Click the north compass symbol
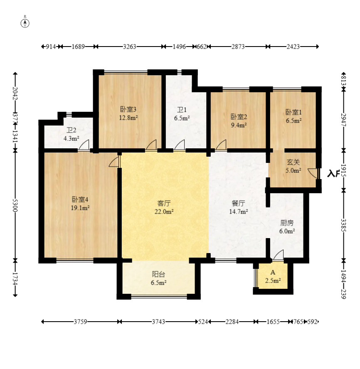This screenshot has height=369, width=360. pyautogui.click(x=25, y=23)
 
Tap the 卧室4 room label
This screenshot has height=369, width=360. pyautogui.click(x=80, y=199)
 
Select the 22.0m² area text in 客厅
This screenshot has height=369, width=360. pyautogui.click(x=164, y=212)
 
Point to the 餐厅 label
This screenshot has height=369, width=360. pyautogui.click(x=238, y=203)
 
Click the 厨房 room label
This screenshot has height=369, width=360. pyautogui.click(x=287, y=223)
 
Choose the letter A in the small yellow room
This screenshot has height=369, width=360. pyautogui.click(x=273, y=272)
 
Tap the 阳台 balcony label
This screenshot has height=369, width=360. pyautogui.click(x=158, y=274)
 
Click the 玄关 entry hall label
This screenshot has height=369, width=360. pyautogui.click(x=293, y=162)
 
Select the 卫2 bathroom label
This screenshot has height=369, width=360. pyautogui.click(x=71, y=130)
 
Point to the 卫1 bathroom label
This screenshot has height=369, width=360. pyautogui.click(x=182, y=110)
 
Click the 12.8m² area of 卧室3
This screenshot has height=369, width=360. pyautogui.click(x=128, y=118)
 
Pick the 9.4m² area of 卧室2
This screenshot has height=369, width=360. pyautogui.click(x=239, y=125)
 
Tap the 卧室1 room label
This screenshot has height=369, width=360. pyautogui.click(x=293, y=112)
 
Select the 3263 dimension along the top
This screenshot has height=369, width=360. pyautogui.click(x=130, y=47)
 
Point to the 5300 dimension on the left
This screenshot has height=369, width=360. pyautogui.click(x=15, y=205)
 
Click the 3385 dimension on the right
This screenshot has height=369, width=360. pyautogui.click(x=343, y=225)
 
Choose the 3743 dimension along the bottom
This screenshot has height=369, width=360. pyautogui.click(x=158, y=322)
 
